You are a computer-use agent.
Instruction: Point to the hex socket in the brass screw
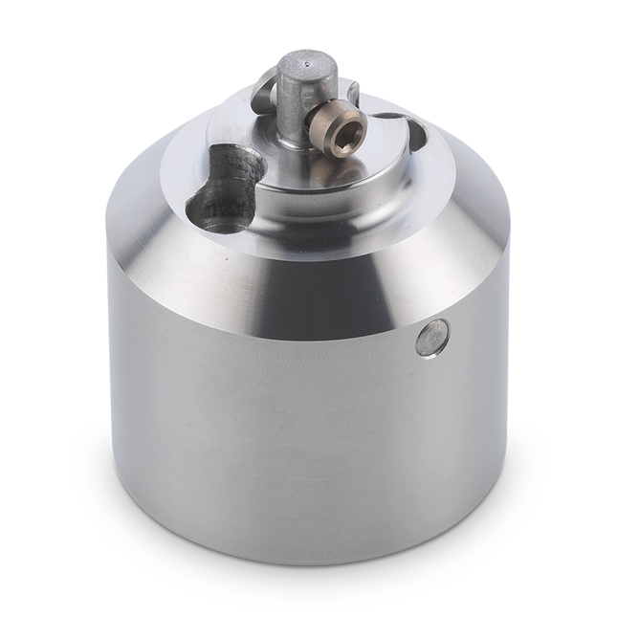[350, 124]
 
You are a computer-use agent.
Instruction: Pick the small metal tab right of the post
[353, 91]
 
